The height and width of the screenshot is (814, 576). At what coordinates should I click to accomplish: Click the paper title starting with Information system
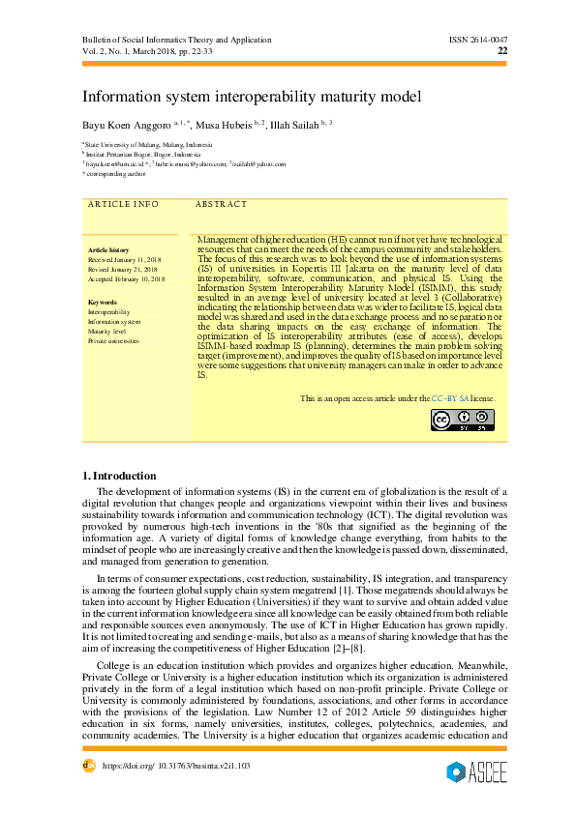(252, 97)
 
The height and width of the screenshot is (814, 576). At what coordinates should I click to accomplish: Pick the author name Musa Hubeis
(223, 126)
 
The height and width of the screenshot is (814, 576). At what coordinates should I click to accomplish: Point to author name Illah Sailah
(294, 126)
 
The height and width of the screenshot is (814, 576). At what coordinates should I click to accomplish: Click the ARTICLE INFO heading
(123, 205)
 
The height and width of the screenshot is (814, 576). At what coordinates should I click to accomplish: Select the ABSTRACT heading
(221, 205)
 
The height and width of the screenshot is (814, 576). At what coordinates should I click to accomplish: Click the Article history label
(107, 250)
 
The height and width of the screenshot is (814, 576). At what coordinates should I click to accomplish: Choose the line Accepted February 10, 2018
(127, 278)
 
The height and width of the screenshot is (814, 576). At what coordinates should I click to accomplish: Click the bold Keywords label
(102, 303)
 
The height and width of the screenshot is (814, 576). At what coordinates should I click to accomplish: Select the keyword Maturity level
(107, 331)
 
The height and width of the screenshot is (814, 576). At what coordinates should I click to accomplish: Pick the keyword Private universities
(113, 340)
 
